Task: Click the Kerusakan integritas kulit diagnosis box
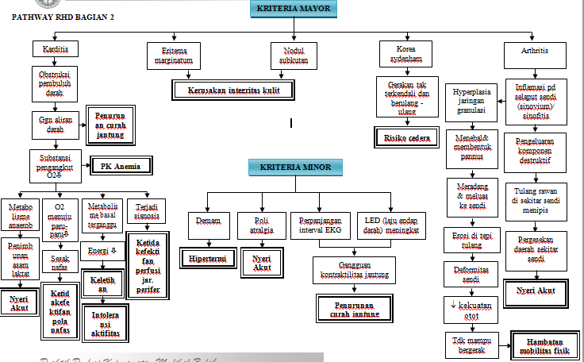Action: pyautogui.click(x=232, y=90)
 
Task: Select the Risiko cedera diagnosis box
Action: pyautogui.click(x=406, y=137)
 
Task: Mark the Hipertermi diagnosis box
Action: pyautogui.click(x=207, y=258)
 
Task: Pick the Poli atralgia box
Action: pyautogui.click(x=263, y=225)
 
